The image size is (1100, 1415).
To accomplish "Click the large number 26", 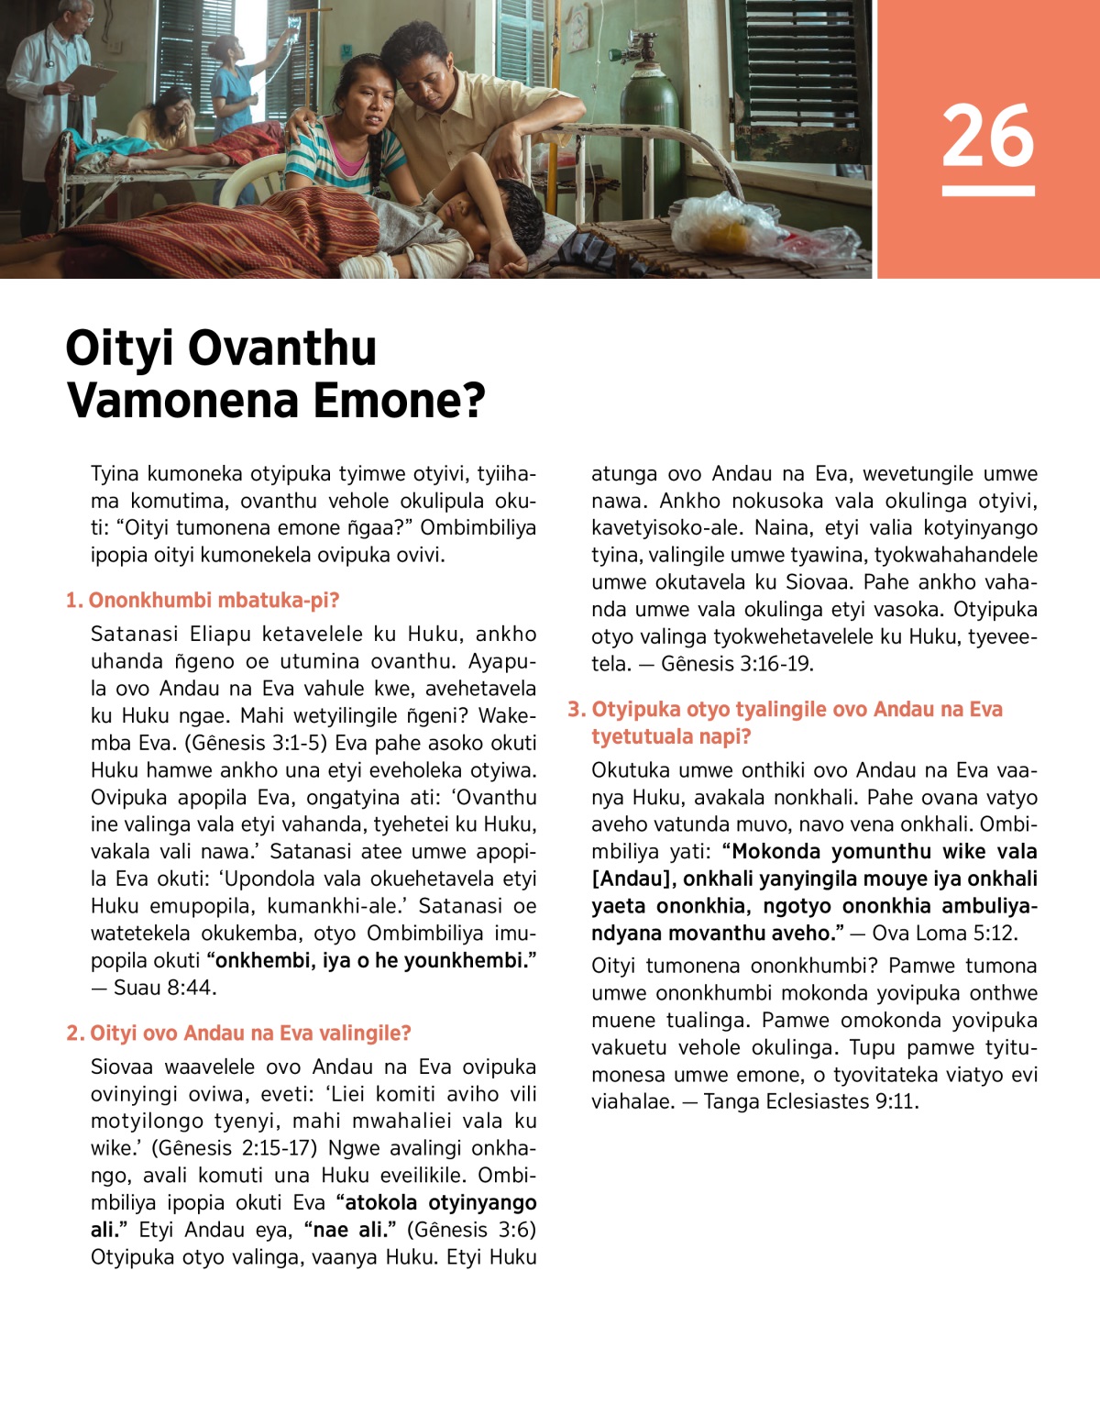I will tap(987, 136).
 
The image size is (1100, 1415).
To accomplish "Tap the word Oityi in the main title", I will tap(118, 348).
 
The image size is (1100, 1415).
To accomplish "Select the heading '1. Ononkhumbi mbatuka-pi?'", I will tap(203, 601).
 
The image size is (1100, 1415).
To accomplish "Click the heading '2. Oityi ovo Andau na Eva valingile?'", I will tap(238, 1034).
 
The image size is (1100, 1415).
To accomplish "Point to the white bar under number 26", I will tap(987, 191).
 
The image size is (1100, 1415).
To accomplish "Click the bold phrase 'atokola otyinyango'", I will tap(440, 1202).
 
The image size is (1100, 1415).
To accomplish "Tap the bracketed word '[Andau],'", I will tap(632, 879).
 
